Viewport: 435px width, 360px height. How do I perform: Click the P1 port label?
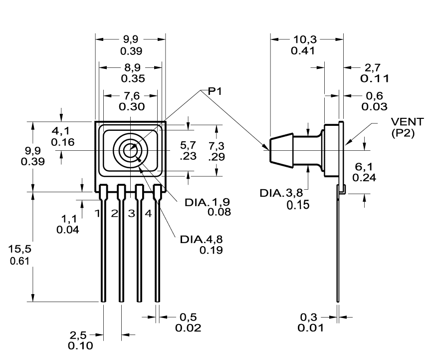(215, 91)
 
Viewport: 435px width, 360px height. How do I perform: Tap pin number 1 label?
(98, 214)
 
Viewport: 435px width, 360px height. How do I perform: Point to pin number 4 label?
(148, 214)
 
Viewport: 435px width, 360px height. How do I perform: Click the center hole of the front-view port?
(131, 149)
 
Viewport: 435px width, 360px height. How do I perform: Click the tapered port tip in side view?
(274, 148)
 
